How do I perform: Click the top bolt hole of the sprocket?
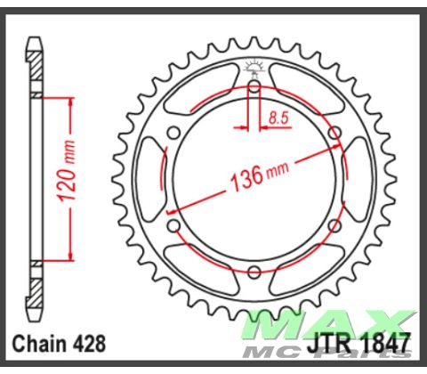click(x=254, y=86)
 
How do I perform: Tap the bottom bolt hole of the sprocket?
click(x=254, y=272)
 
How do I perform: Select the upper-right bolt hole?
click(x=334, y=133)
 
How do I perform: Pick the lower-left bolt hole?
click(x=174, y=225)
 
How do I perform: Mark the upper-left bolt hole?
click(x=174, y=133)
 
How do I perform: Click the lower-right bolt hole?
click(x=334, y=225)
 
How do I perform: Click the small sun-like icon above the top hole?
click(x=254, y=67)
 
